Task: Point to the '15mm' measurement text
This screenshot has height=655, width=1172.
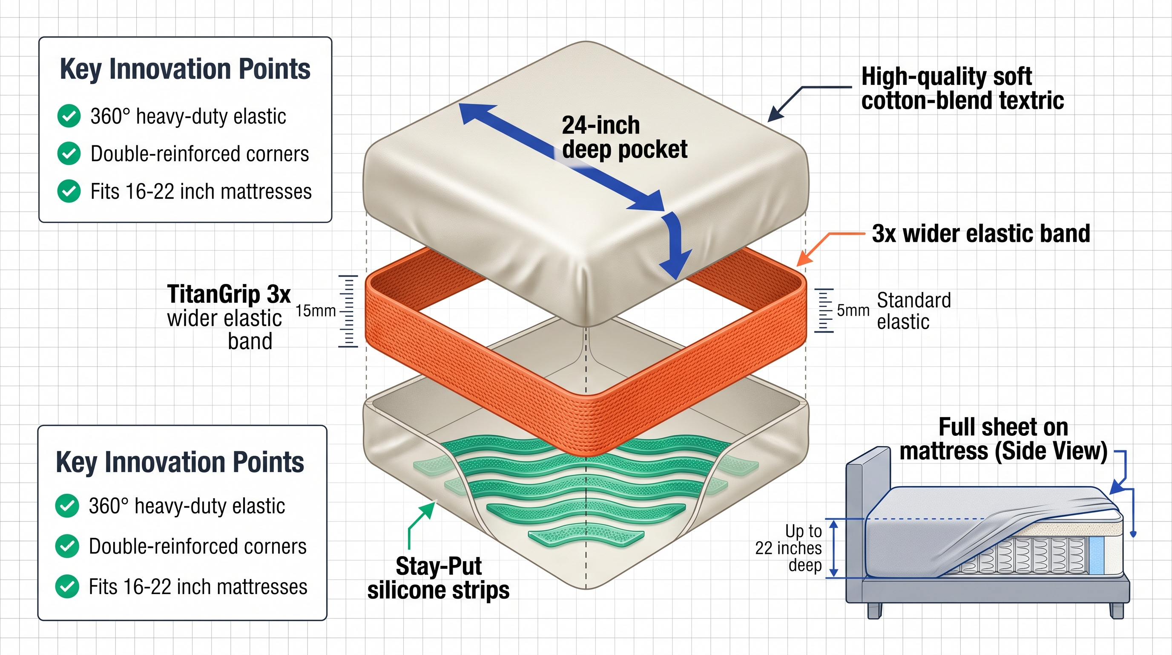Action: point(315,311)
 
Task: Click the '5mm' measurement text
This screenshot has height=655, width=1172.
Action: point(853,310)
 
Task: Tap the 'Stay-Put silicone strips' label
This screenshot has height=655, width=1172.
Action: point(438,578)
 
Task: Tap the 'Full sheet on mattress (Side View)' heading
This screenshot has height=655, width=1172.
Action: point(1003,440)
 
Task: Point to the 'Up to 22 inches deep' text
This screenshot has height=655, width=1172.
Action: point(792,548)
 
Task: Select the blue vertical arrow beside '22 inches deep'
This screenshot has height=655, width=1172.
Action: point(833,548)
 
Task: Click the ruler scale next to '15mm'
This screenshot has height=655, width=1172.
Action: point(348,311)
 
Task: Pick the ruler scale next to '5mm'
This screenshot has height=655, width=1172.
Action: point(824,310)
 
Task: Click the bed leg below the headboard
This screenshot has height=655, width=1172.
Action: point(874,610)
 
